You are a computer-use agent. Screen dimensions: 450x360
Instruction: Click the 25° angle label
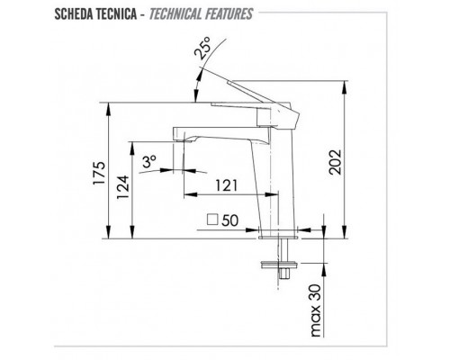[202, 47]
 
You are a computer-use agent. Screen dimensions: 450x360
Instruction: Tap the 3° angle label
[149, 161]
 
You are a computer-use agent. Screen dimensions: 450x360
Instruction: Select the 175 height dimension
[99, 173]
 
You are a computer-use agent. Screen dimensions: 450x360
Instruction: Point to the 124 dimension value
[122, 187]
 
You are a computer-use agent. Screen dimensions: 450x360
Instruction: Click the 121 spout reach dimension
[227, 185]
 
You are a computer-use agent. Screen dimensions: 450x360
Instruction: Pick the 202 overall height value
[336, 162]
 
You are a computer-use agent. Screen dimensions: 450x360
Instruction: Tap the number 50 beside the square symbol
[230, 220]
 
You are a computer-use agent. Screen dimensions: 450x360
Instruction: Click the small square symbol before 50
[212, 220]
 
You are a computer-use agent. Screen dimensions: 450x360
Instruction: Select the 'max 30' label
[316, 310]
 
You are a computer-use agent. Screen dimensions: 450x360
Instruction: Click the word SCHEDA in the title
[74, 14]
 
